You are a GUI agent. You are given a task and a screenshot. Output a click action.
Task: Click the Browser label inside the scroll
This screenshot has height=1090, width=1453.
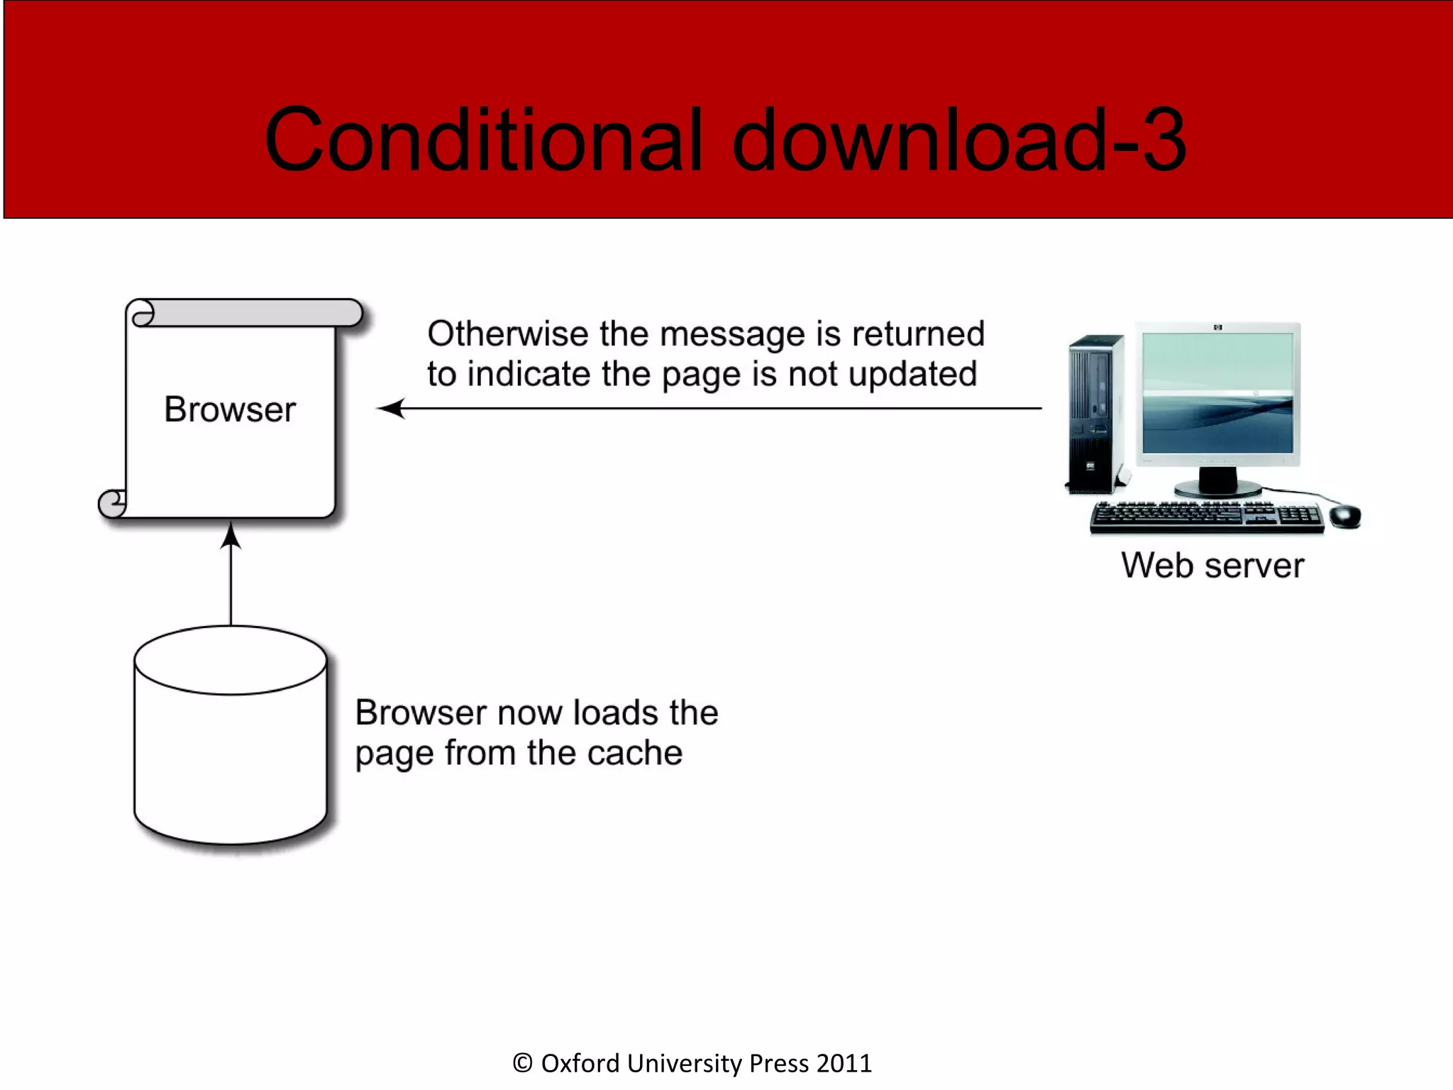pyautogui.click(x=230, y=409)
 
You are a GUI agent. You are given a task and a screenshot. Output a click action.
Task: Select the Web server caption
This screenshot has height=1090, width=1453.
pyautogui.click(x=1212, y=566)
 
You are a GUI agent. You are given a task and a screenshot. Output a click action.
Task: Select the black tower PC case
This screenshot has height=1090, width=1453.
pyautogui.click(x=1095, y=415)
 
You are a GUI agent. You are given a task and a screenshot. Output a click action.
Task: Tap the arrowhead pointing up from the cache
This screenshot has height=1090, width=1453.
pyautogui.click(x=231, y=536)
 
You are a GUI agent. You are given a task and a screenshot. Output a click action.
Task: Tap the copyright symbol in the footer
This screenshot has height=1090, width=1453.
pyautogui.click(x=522, y=1063)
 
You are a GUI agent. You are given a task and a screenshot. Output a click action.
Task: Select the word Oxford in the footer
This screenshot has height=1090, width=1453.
pyautogui.click(x=580, y=1063)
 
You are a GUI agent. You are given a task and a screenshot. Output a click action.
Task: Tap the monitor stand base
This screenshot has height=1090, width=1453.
pyautogui.click(x=1217, y=488)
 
